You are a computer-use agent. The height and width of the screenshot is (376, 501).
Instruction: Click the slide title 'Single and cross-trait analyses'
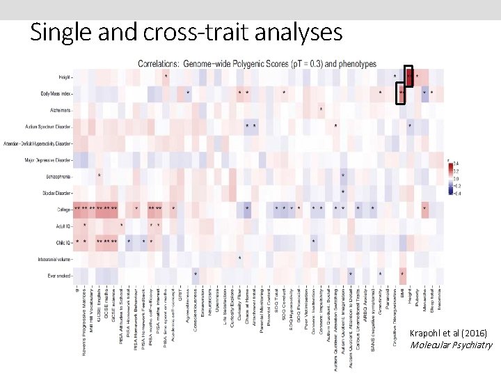pyautogui.click(x=186, y=32)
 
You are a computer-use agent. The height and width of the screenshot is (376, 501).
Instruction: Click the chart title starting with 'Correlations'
pyautogui.click(x=257, y=63)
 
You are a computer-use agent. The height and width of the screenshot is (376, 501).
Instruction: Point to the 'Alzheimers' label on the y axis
pyautogui.click(x=59, y=109)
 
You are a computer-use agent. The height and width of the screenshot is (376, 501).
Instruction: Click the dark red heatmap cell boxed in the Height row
pyautogui.click(x=409, y=76)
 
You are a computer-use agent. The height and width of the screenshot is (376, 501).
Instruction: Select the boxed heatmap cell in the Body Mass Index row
pyautogui.click(x=401, y=93)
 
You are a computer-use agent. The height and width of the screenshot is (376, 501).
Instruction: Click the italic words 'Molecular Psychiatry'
pyautogui.click(x=451, y=344)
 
